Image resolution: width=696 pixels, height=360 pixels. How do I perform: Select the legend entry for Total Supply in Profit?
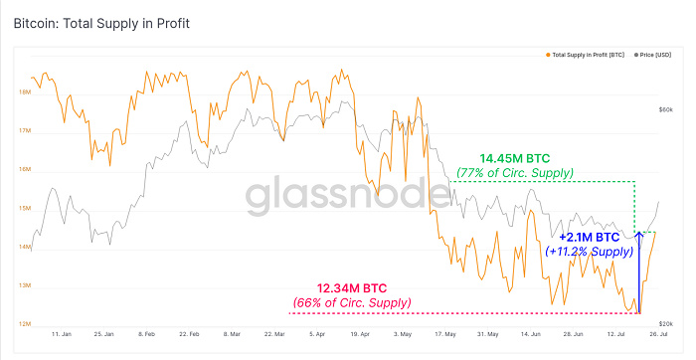pos(587,54)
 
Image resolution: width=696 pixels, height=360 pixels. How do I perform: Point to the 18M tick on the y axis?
pos(24,92)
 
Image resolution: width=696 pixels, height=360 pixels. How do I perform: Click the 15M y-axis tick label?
pos(24,209)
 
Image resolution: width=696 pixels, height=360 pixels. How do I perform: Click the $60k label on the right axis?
pos(667,109)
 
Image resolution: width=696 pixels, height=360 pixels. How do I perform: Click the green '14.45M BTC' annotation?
pos(515,157)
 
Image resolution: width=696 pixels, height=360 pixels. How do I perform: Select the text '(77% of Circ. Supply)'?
pos(514,173)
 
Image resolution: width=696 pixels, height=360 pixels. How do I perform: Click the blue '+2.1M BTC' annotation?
pos(590,238)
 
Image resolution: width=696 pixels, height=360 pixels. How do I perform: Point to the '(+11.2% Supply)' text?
pos(590,252)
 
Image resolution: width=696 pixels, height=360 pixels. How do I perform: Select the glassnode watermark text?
pos(348,196)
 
